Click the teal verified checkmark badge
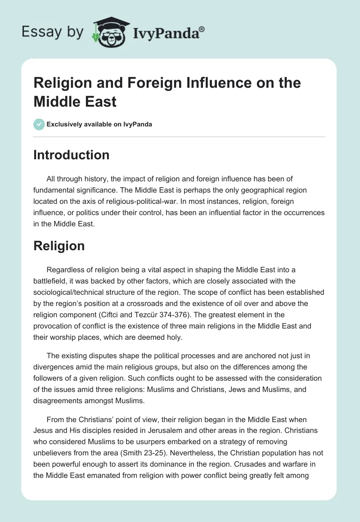(x=39, y=124)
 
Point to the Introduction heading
(x=72, y=155)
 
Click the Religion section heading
(x=59, y=246)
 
